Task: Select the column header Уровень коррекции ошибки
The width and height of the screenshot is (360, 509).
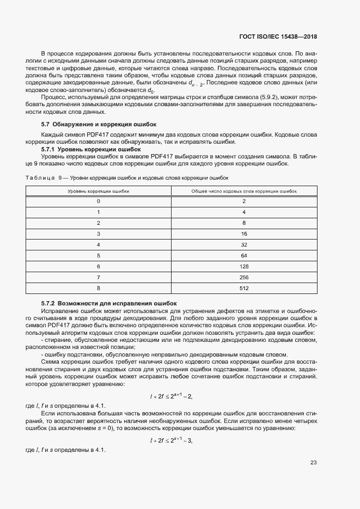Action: [99, 191]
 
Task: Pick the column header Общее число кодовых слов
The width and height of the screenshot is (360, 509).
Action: [243, 191]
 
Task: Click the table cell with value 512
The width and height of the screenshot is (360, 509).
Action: [243, 287]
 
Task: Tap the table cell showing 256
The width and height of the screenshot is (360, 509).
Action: [243, 277]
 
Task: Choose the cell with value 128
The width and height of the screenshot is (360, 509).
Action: [243, 266]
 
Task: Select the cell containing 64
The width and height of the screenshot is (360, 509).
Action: [243, 255]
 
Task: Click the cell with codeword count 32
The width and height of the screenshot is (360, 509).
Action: [243, 244]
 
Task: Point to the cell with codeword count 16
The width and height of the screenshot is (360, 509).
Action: [243, 234]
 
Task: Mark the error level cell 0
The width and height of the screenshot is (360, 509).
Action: [99, 201]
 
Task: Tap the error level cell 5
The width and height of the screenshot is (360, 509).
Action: [99, 255]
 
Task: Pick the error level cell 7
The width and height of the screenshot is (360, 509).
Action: [99, 277]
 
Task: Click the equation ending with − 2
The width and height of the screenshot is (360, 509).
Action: [171, 396]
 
